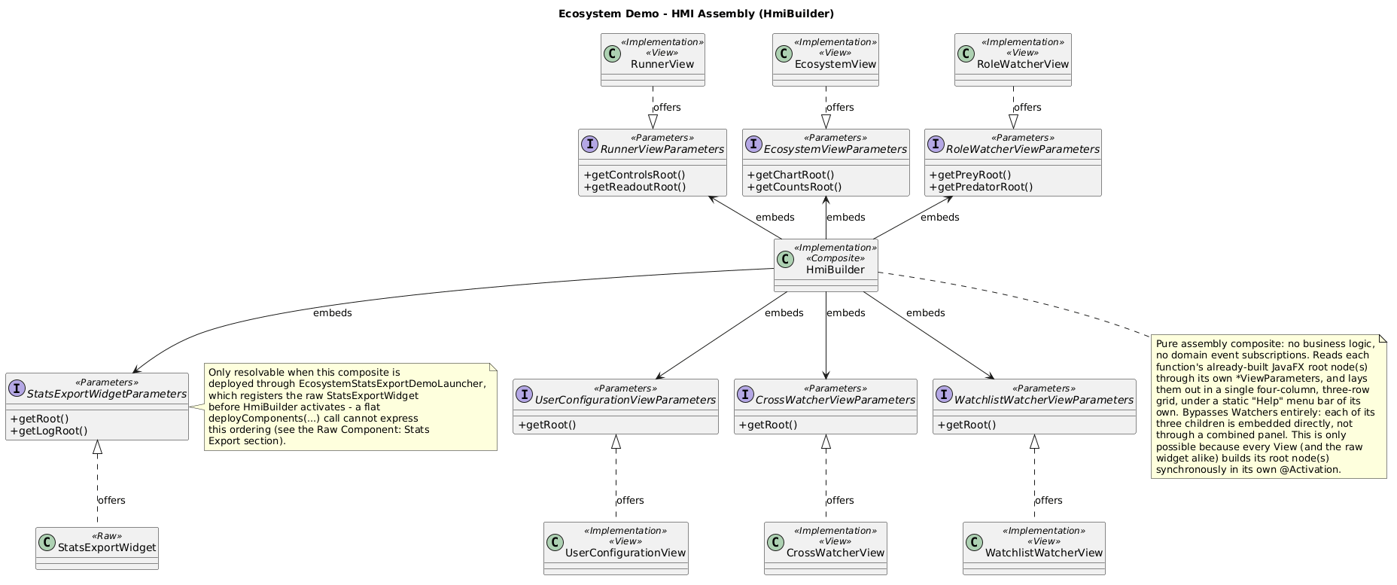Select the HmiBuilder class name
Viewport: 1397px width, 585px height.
pos(835,270)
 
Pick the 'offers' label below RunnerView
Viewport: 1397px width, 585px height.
pos(667,107)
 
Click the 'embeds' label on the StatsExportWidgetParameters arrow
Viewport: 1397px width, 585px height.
pos(333,312)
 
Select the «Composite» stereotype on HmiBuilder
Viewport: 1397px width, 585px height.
pos(835,258)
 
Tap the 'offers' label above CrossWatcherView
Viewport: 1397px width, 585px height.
pos(840,500)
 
